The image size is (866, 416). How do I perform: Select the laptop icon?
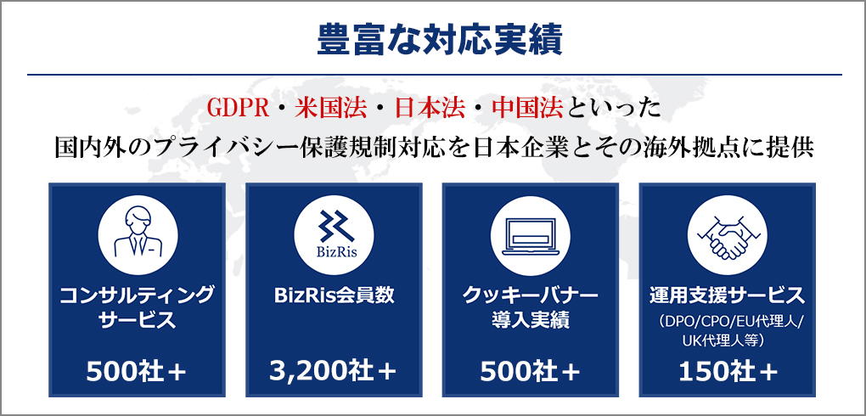[x=531, y=235]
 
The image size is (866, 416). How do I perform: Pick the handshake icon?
[x=728, y=235]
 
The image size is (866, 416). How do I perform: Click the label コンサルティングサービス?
[x=137, y=307]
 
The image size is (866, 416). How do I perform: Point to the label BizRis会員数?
[x=335, y=295]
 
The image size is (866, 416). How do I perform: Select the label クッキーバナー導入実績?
[x=531, y=307]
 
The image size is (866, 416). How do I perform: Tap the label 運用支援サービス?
[x=728, y=295]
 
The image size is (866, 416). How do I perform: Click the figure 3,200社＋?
[x=334, y=372]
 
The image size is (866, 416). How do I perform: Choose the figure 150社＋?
[x=728, y=372]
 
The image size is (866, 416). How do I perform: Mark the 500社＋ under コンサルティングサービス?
[x=137, y=372]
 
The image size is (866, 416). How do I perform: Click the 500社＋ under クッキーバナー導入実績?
[x=531, y=372]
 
